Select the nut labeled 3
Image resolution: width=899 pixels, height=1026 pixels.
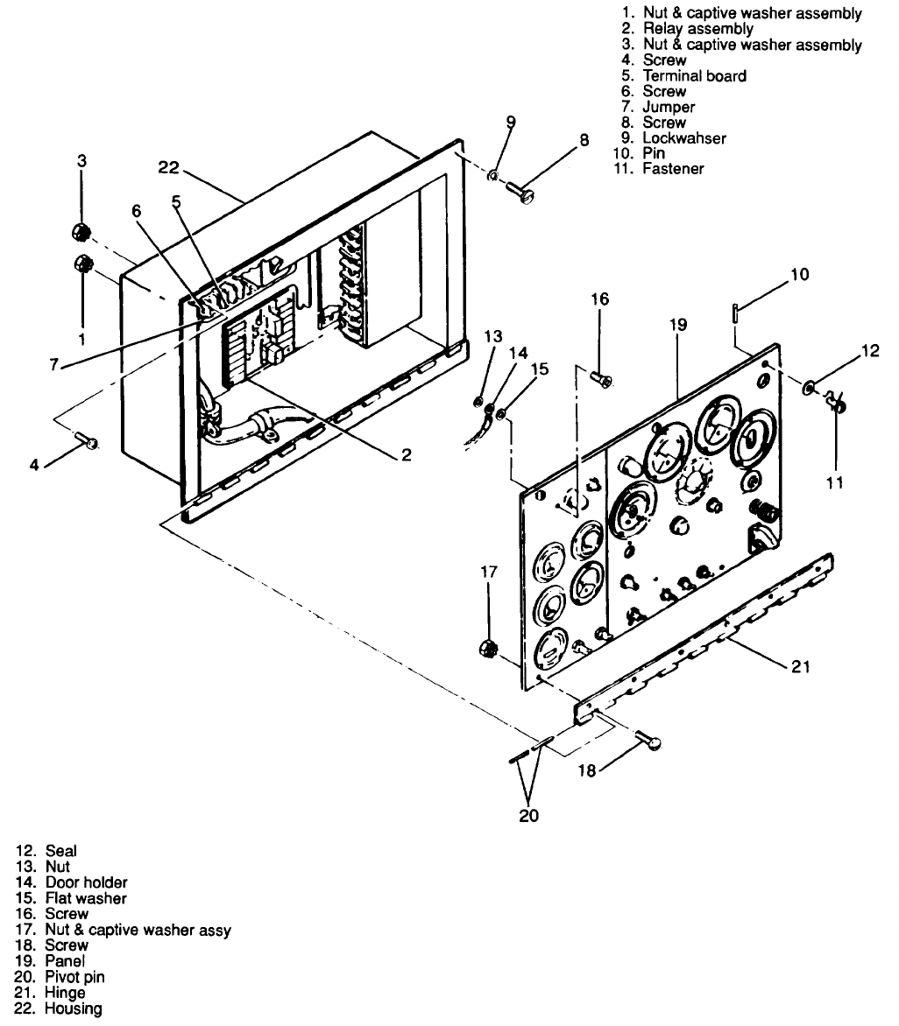pos(81,233)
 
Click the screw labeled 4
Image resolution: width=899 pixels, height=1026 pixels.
pos(88,441)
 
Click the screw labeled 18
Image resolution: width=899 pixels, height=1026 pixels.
pos(649,741)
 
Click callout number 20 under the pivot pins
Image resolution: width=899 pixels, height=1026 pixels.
pos(528,816)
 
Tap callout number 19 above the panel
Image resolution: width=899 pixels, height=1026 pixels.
pos(680,325)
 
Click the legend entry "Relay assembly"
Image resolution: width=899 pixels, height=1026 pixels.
pos(697,29)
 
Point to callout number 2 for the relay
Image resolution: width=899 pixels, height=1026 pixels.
pos(406,455)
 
